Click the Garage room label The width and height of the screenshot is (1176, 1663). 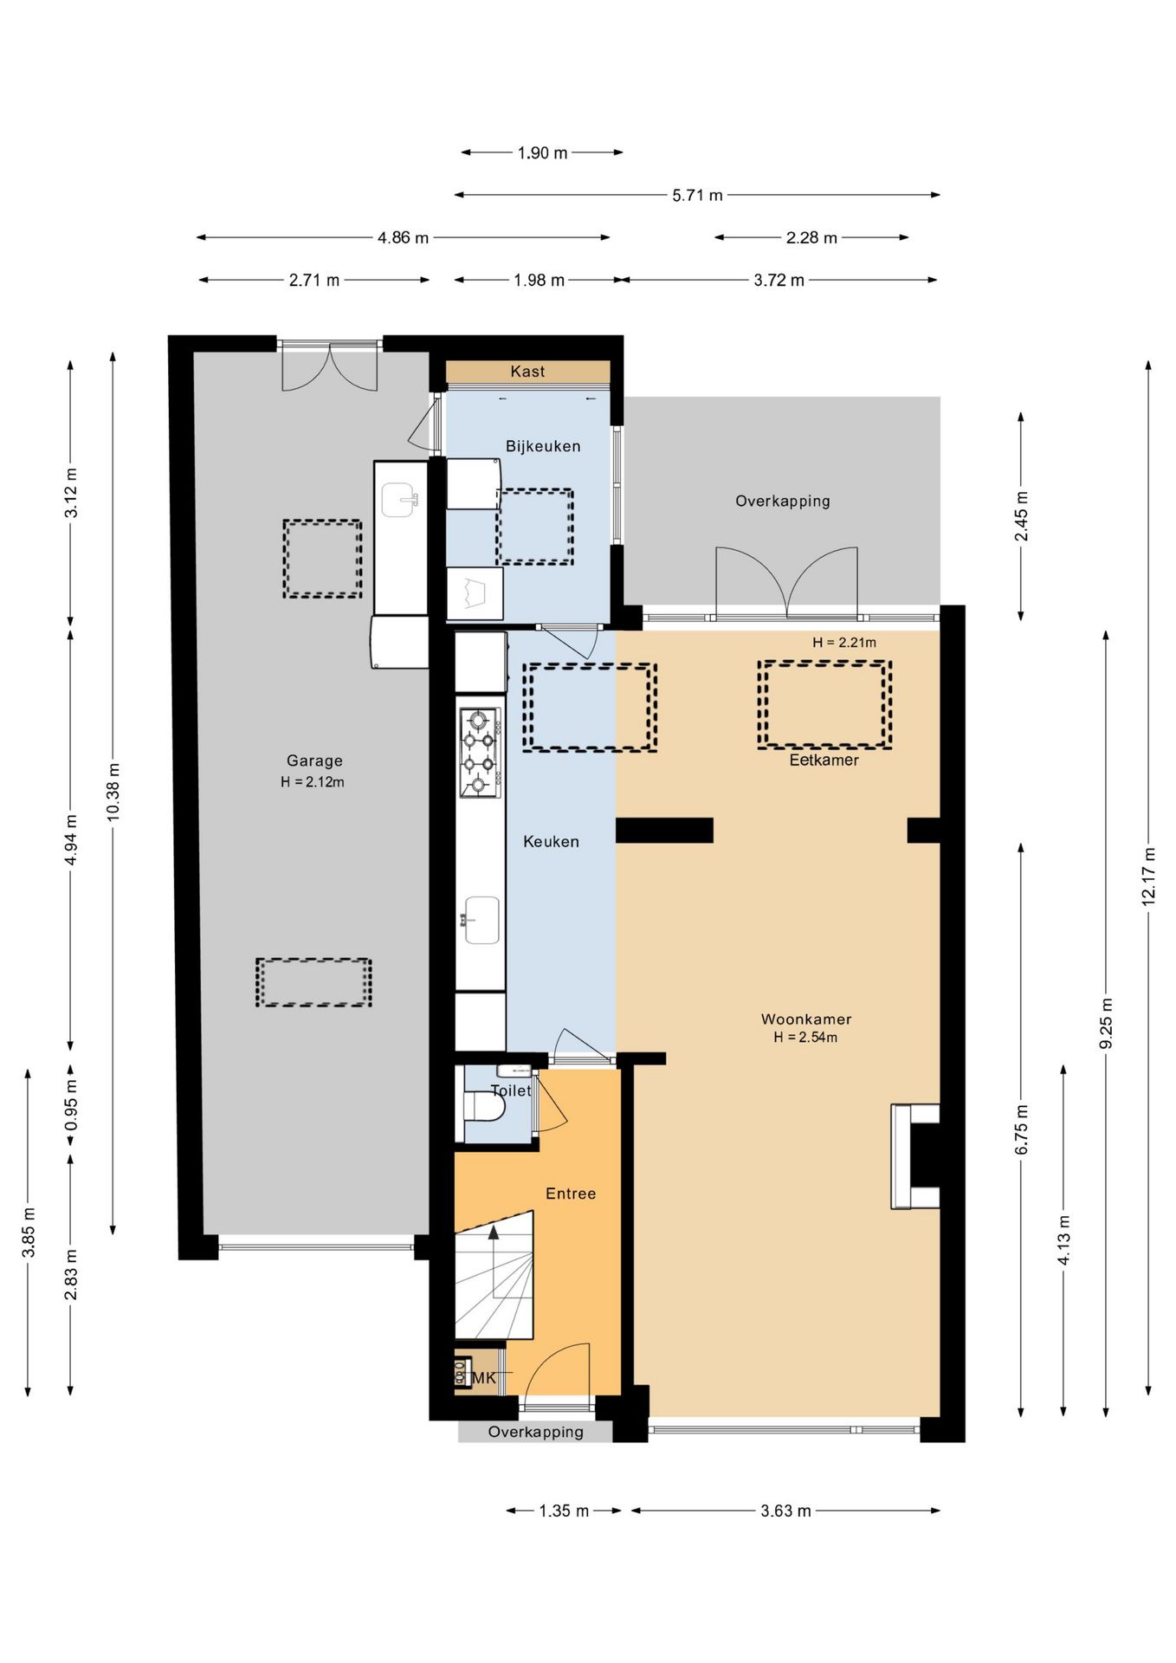[314, 760]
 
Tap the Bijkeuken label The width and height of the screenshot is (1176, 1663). [543, 446]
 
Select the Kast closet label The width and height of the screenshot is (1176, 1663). [527, 372]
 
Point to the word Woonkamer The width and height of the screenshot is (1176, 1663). [805, 1019]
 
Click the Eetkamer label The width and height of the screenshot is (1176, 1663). [824, 760]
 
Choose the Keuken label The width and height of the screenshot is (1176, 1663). [551, 841]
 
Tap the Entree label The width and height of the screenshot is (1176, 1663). [571, 1194]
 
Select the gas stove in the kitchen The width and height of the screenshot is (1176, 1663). [480, 753]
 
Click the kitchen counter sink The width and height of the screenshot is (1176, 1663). [481, 920]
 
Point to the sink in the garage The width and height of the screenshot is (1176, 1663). [401, 500]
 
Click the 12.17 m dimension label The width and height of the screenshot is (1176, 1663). [1148, 876]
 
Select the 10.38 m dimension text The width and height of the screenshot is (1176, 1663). [113, 793]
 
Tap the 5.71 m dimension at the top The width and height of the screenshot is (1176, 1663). [697, 196]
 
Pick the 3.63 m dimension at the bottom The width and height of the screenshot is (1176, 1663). [785, 1511]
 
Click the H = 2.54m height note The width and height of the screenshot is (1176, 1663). [805, 1038]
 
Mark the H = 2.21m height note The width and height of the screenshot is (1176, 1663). [844, 643]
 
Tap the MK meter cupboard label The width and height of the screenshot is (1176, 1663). [484, 1378]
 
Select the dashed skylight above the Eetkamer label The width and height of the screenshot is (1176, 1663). [824, 704]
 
